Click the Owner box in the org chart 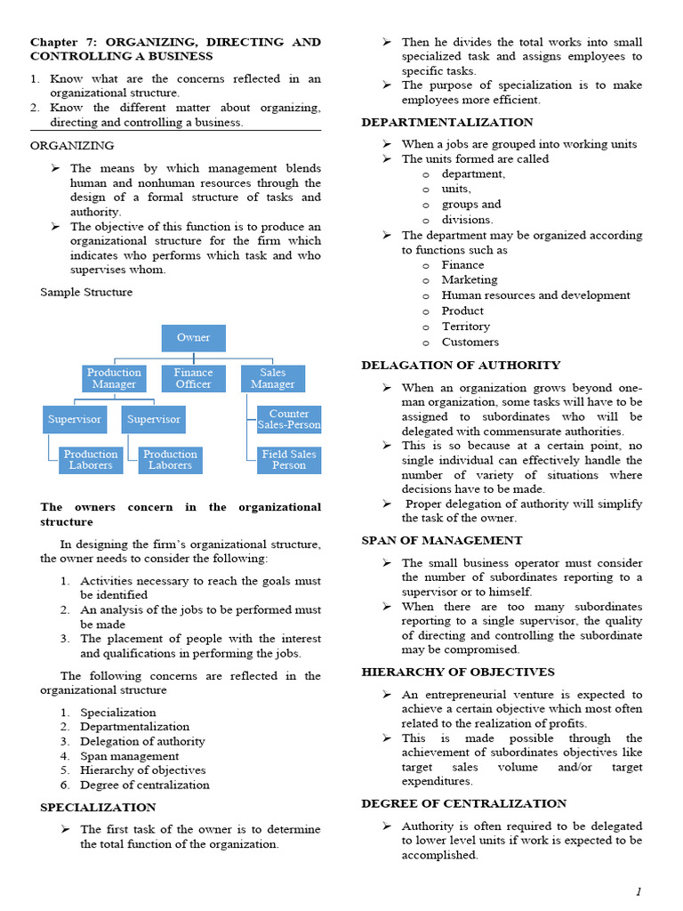click(x=193, y=338)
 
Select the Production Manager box click(x=114, y=378)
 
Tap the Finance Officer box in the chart click(x=193, y=378)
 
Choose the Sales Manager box click(x=272, y=378)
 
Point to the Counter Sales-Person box click(x=288, y=419)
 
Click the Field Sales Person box click(x=288, y=460)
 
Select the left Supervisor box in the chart click(x=74, y=419)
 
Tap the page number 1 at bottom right click(x=638, y=891)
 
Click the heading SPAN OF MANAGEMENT click(x=442, y=540)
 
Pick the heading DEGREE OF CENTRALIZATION click(x=463, y=803)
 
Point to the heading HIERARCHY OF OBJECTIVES click(x=457, y=672)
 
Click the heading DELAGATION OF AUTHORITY click(x=461, y=365)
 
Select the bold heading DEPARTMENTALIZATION click(x=447, y=122)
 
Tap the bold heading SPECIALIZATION click(x=98, y=807)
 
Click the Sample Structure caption click(x=86, y=292)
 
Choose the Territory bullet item click(x=465, y=327)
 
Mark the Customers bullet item click(x=470, y=342)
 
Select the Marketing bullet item click(x=469, y=279)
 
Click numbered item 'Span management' click(x=129, y=755)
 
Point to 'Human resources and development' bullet click(x=535, y=295)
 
